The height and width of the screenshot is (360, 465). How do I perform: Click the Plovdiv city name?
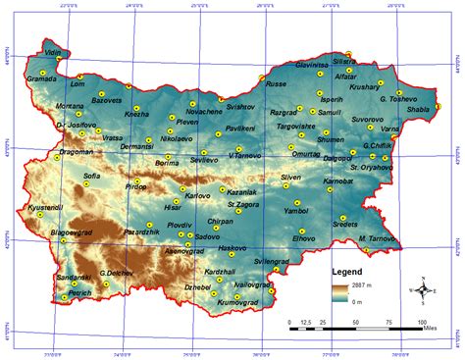pyautogui.click(x=180, y=225)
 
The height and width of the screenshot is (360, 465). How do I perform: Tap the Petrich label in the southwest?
pyautogui.click(x=80, y=293)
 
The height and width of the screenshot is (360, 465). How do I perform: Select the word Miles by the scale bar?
pyautogui.click(x=437, y=334)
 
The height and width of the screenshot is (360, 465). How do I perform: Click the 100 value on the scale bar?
pyautogui.click(x=423, y=322)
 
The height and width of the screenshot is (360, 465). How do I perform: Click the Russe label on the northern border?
pyautogui.click(x=276, y=84)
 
